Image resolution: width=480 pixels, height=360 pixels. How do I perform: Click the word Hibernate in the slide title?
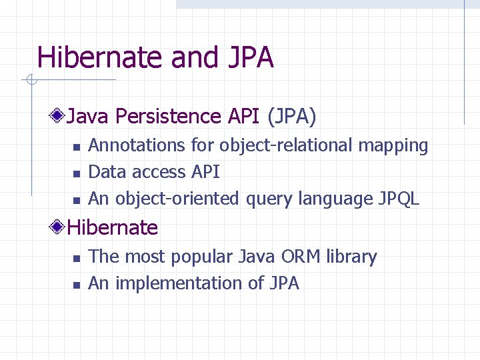pos(101,58)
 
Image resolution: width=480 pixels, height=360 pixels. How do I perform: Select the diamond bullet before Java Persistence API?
pos(59,117)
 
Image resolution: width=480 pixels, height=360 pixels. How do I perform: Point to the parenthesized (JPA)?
pos(291,117)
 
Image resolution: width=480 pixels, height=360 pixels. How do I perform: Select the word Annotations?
pos(137,145)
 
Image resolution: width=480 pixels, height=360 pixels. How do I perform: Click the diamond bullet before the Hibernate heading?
pos(59,228)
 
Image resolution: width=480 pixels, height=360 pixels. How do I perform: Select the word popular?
pos(203,257)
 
